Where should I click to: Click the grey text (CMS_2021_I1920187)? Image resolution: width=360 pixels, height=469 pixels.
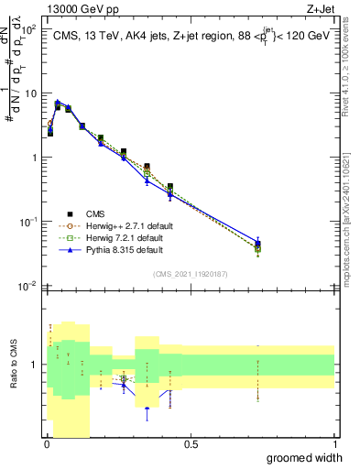pos(190,273)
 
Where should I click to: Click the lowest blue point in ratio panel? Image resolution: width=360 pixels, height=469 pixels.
pos(147,409)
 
